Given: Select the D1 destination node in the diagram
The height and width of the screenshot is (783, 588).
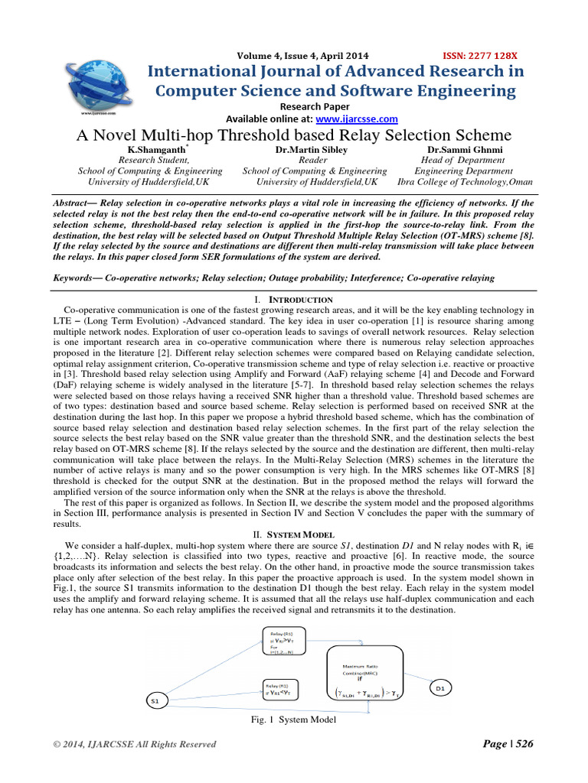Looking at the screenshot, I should pos(442,667).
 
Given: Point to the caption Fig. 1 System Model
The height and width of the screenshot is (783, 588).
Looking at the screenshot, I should pos(293,719).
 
